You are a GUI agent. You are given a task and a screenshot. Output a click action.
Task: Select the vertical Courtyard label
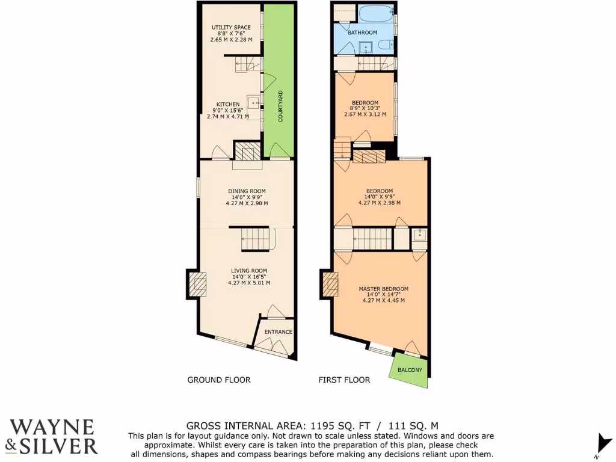tap(280, 107)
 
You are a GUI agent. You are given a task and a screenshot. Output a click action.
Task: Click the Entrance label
tap(279, 332)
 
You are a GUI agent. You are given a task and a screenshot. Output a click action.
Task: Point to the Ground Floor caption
tap(219, 380)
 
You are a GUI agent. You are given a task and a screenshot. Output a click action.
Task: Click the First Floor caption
tap(344, 380)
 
